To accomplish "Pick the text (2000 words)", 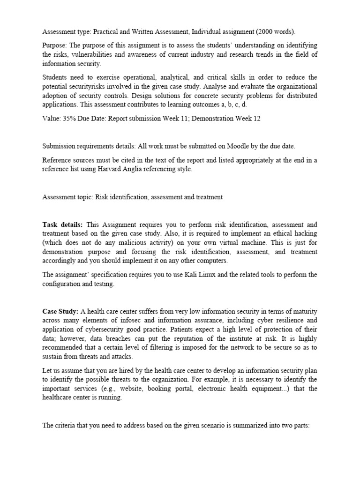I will pos(274,31).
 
